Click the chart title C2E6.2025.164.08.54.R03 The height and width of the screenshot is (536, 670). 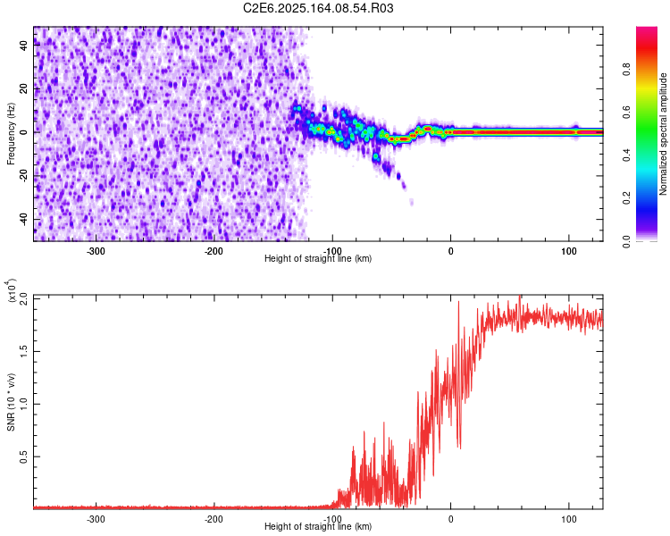tap(318, 8)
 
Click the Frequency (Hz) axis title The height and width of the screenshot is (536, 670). tap(11, 134)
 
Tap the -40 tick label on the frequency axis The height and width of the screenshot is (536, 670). tap(24, 219)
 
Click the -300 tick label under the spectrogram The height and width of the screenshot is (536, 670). tap(96, 250)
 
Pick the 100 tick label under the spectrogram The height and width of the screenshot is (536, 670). tap(569, 250)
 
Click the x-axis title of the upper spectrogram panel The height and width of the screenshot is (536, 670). tap(318, 259)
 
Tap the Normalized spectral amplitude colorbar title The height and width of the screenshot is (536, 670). tap(664, 134)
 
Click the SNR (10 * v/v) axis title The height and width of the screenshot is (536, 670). tap(11, 402)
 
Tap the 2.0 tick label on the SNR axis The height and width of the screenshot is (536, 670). tap(23, 297)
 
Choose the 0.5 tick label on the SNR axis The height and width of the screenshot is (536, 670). tap(23, 456)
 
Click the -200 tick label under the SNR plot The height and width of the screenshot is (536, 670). tap(214, 518)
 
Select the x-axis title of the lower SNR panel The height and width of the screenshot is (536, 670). tap(318, 527)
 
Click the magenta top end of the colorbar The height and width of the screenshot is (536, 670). tap(647, 31)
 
